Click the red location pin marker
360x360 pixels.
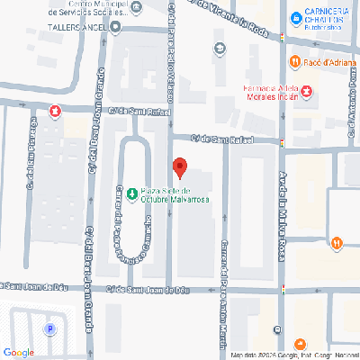click(x=179, y=167)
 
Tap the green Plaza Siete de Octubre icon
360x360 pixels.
click(x=132, y=192)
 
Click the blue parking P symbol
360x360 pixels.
click(x=50, y=328)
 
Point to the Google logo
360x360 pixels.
click(x=18, y=352)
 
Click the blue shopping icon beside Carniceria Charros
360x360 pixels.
click(x=294, y=15)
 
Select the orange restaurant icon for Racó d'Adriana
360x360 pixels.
click(x=293, y=61)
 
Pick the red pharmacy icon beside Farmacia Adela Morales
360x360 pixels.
click(x=307, y=92)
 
